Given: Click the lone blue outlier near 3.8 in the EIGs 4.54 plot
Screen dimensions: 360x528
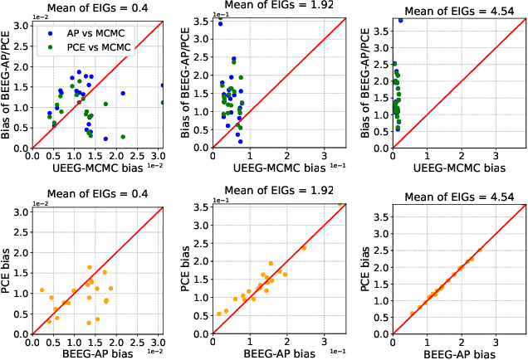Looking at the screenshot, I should pyautogui.click(x=401, y=20).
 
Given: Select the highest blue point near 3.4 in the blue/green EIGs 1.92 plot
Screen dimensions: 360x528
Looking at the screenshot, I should pyautogui.click(x=220, y=24).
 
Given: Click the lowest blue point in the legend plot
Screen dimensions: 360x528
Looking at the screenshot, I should pyautogui.click(x=105, y=139).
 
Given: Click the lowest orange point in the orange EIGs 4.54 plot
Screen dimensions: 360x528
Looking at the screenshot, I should pyautogui.click(x=412, y=314).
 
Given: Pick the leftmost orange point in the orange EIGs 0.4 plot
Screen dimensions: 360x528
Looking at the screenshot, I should pyautogui.click(x=42, y=290).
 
